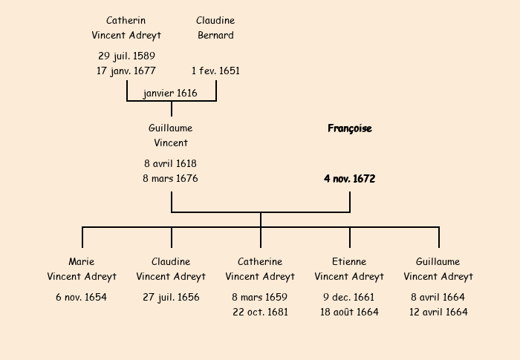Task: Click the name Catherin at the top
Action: tap(126, 21)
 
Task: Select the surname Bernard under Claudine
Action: tap(215, 35)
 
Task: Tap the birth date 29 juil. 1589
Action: tap(126, 56)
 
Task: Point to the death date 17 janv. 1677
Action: tap(126, 71)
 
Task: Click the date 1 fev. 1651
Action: tap(215, 71)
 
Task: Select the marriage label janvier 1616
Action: tap(171, 93)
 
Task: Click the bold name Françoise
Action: tap(350, 128)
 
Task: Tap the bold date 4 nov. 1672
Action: tap(350, 179)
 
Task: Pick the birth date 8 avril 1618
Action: tap(171, 163)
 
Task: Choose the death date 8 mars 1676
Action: tap(171, 179)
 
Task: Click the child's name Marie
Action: tap(82, 262)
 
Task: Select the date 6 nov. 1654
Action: tap(82, 298)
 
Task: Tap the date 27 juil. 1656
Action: tap(171, 298)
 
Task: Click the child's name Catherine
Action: tap(260, 262)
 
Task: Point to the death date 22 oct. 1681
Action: tap(260, 312)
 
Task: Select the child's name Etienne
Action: tap(349, 262)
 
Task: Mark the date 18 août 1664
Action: tap(349, 312)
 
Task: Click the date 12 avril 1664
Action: tap(438, 312)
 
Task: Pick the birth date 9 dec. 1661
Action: tap(349, 298)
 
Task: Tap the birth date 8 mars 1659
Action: tap(260, 298)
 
